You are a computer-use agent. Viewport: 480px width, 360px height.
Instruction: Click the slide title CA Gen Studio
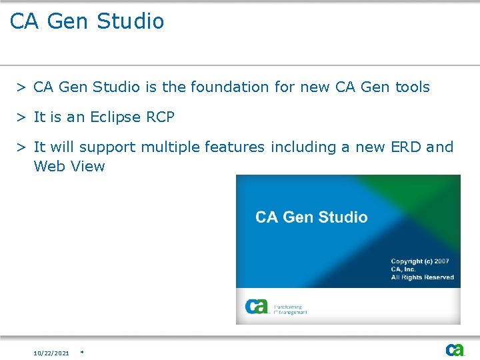[x=87, y=21]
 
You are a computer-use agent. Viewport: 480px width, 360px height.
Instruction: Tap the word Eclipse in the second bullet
[x=115, y=117]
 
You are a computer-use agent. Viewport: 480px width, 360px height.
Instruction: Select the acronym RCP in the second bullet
[x=160, y=117]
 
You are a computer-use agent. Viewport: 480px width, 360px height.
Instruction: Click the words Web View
[x=69, y=167]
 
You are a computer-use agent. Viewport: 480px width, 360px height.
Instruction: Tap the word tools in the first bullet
[x=413, y=87]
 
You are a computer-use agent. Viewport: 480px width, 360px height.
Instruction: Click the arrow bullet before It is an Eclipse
[x=22, y=118]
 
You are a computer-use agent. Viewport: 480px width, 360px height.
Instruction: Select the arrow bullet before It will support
[x=22, y=147]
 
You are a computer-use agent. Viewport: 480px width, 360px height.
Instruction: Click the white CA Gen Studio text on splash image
[x=311, y=217]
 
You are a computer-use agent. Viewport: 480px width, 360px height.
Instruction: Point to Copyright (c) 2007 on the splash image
[x=420, y=261]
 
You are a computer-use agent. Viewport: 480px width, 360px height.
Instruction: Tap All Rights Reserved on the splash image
[x=422, y=277]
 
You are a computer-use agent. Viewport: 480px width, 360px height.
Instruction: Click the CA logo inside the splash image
[x=257, y=307]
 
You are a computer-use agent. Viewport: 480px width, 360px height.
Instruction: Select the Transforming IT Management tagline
[x=290, y=310]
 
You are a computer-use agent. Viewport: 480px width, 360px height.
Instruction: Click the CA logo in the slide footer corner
[x=455, y=350]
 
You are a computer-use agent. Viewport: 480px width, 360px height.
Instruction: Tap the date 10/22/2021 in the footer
[x=51, y=353]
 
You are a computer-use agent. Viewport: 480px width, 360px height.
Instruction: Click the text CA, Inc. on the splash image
[x=403, y=269]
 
